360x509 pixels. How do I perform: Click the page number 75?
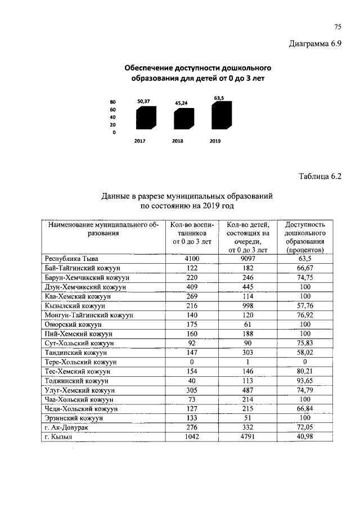pos(338,26)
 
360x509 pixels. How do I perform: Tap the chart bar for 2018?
pos(181,120)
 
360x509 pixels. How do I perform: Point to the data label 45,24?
pos(181,103)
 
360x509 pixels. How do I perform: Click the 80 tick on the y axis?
pos(113,101)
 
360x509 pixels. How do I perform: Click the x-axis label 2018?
pos(178,141)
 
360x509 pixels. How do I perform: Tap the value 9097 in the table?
pos(247,259)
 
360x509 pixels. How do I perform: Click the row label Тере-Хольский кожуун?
pos(80,362)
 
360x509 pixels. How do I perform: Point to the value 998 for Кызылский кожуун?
pos(247,305)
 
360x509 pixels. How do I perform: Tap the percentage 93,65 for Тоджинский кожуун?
pos(305,381)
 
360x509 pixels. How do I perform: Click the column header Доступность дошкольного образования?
pos(305,236)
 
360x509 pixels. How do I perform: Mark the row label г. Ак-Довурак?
pos(66,428)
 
